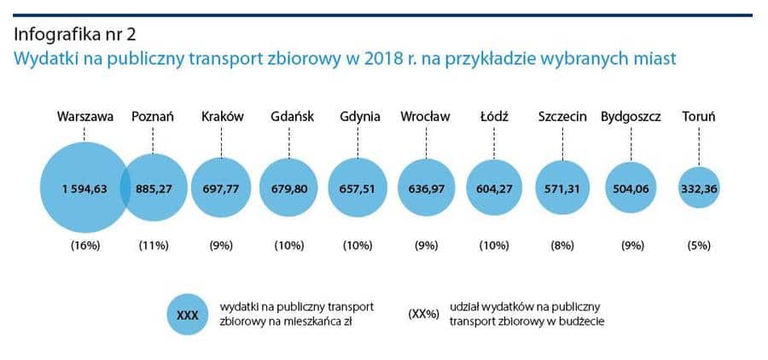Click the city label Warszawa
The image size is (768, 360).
click(84, 117)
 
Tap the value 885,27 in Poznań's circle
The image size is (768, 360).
click(154, 189)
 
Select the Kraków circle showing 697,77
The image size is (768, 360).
click(221, 189)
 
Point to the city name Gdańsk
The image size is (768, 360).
click(290, 117)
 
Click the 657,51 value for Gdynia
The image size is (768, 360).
click(358, 189)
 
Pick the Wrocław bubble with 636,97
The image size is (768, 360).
click(426, 189)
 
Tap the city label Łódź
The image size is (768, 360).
click(494, 117)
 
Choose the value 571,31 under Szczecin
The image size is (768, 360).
click(562, 189)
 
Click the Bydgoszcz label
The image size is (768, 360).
click(631, 117)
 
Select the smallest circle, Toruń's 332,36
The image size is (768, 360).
click(699, 189)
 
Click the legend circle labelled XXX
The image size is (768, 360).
click(187, 314)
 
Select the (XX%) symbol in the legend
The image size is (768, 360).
click(424, 314)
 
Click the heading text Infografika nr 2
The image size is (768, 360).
click(74, 35)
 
